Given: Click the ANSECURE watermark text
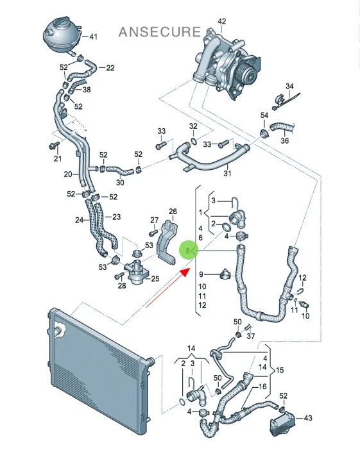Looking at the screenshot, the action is (x=160, y=32).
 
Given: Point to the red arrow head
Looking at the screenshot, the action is (x=185, y=272).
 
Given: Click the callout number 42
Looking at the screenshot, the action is (x=222, y=22).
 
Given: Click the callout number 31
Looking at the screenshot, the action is (x=227, y=173).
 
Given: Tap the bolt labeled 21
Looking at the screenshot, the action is (x=55, y=146).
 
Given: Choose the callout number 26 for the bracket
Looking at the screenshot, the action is (x=173, y=212).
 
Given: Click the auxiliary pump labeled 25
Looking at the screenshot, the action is (x=137, y=271).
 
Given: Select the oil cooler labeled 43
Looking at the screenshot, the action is (x=282, y=424).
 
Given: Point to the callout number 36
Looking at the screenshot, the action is (x=284, y=140).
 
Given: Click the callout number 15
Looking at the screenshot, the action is (x=280, y=371).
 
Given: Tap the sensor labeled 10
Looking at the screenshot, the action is (x=304, y=304).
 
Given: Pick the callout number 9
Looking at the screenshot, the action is (x=201, y=274).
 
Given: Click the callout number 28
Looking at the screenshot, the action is (x=122, y=286).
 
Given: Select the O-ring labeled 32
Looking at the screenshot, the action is (x=194, y=141).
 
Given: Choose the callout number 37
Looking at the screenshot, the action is (x=251, y=336).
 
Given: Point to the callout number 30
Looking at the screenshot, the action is (x=120, y=183).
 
